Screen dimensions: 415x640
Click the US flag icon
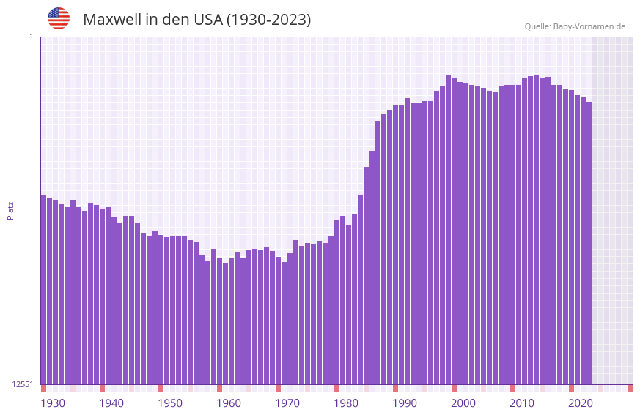pyautogui.click(x=59, y=18)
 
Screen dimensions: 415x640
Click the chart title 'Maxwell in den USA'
pyautogui.click(x=196, y=20)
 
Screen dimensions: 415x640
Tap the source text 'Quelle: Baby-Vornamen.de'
pyautogui.click(x=575, y=26)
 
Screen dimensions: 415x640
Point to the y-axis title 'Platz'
pyautogui.click(x=10, y=210)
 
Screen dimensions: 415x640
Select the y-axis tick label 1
pyautogui.click(x=31, y=37)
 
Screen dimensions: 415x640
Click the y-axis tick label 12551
pyautogui.click(x=23, y=384)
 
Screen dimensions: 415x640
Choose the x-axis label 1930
pyautogui.click(x=53, y=403)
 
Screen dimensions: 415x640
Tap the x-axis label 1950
pyautogui.click(x=170, y=403)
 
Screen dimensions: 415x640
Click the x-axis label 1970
pyautogui.click(x=287, y=403)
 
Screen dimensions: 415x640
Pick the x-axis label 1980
pyautogui.click(x=346, y=403)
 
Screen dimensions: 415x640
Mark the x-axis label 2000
pyautogui.click(x=463, y=403)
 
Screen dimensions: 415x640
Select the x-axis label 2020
pyautogui.click(x=581, y=403)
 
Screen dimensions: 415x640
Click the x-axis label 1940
pyautogui.click(x=111, y=403)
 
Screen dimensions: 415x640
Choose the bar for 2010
pyautogui.click(x=512, y=234)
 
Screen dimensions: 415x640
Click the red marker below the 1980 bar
pyautogui.click(x=336, y=388)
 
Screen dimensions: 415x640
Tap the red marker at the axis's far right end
pyautogui.click(x=630, y=388)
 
